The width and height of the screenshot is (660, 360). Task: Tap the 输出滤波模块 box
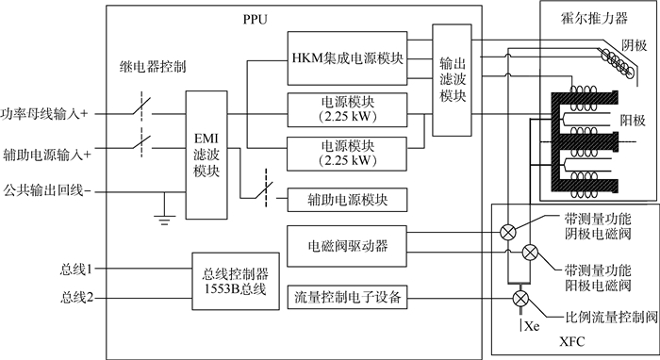[450, 73]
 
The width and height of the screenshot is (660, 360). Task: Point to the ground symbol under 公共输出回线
[165, 220]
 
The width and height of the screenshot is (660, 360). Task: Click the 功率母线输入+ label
[45, 110]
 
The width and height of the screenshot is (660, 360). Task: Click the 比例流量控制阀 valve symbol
[518, 299]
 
